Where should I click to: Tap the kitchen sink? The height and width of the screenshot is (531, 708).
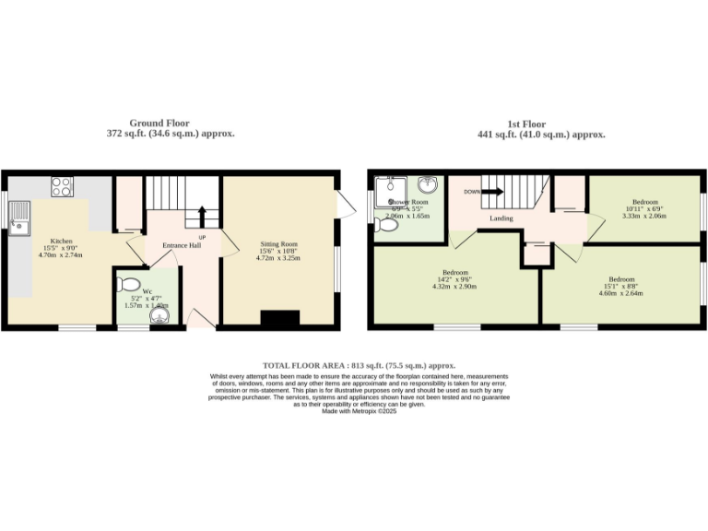tap(20, 218)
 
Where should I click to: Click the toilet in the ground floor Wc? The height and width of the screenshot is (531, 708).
tap(129, 283)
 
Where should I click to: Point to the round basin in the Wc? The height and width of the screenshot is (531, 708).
tap(162, 316)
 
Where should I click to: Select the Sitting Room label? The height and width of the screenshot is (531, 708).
tap(277, 245)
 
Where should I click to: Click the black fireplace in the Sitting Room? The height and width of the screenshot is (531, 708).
tap(279, 319)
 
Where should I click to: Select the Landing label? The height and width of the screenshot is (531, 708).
tap(501, 218)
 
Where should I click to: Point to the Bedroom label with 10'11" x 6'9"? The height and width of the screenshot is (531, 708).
tap(645, 201)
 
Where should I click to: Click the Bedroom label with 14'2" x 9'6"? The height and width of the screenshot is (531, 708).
tap(455, 273)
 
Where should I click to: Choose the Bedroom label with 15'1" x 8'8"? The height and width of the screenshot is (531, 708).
tap(621, 278)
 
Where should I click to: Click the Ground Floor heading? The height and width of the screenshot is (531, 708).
tap(159, 123)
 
